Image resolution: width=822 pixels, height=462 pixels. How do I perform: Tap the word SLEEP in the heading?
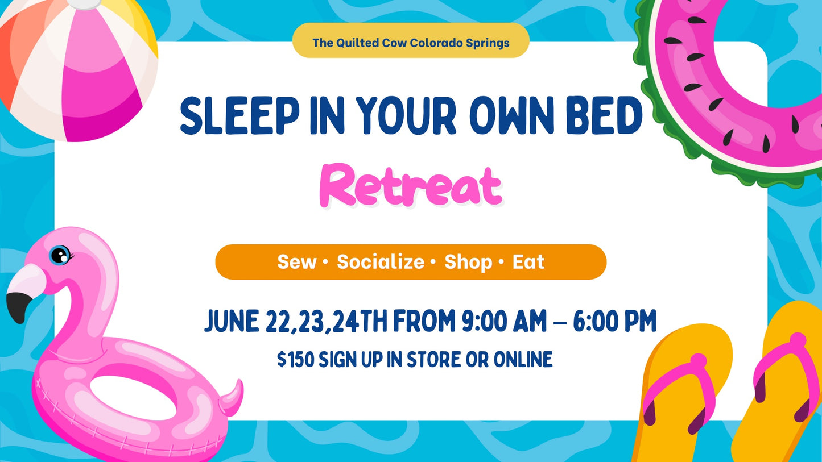click(x=239, y=116)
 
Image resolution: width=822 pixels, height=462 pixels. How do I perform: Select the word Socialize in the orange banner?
click(x=380, y=262)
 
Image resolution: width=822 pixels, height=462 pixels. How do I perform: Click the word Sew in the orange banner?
click(x=296, y=262)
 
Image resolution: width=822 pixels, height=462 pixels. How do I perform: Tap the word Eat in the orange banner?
click(x=528, y=262)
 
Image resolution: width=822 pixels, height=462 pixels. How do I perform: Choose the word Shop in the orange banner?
click(x=468, y=262)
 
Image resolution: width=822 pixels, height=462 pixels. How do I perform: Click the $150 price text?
click(x=295, y=360)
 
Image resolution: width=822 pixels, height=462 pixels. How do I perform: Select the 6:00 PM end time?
click(x=614, y=322)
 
